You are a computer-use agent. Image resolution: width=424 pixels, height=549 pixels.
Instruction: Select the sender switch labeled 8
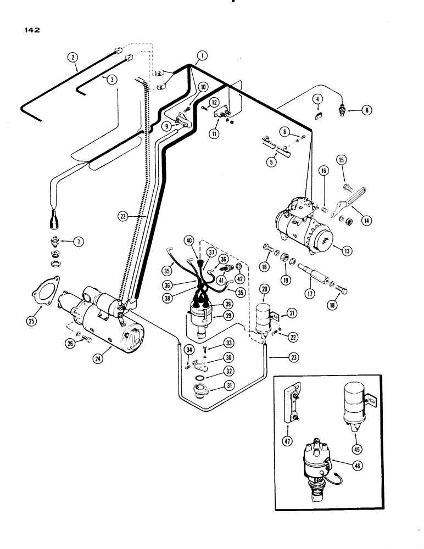[x=344, y=110]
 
